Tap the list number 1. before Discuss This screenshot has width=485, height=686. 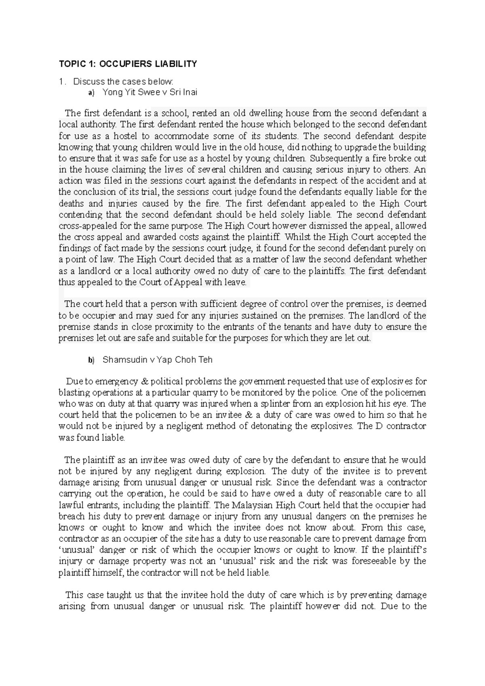[61, 82]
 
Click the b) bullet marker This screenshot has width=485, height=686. [91, 360]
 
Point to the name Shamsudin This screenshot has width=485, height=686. [121, 360]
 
